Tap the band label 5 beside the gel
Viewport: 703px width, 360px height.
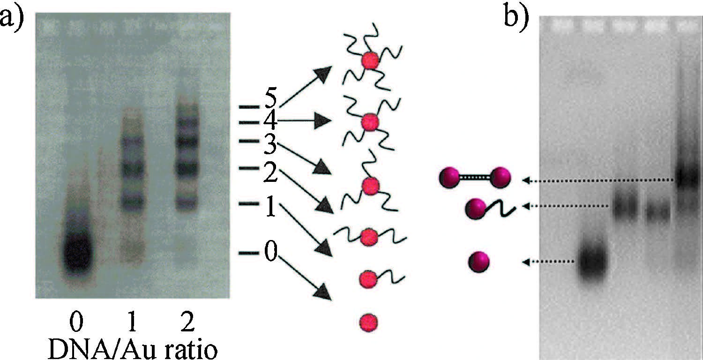[270, 98]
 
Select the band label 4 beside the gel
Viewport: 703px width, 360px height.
[270, 121]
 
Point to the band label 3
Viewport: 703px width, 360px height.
[270, 143]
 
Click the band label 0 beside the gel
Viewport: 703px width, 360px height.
[270, 253]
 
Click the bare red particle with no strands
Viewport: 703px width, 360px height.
[368, 322]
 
